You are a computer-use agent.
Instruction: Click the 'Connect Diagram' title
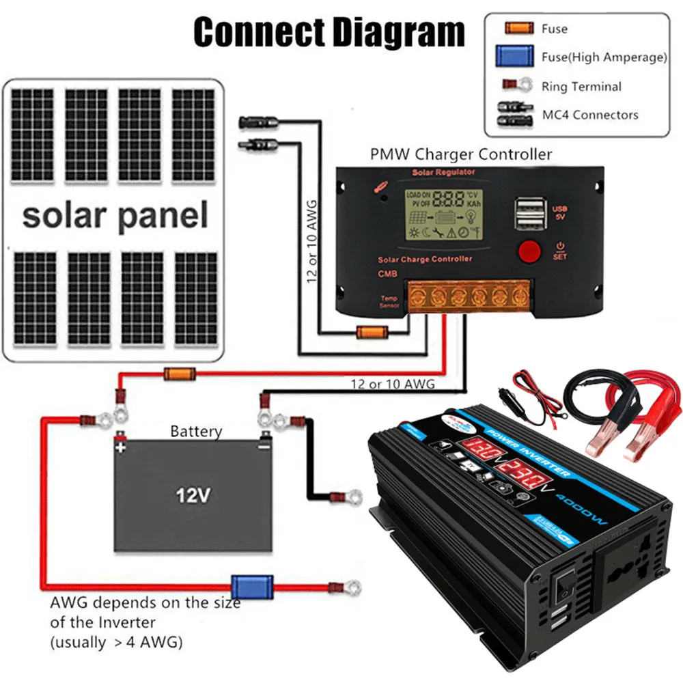point(329,32)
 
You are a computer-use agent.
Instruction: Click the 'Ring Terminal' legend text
point(581,87)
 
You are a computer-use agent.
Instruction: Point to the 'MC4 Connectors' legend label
point(590,115)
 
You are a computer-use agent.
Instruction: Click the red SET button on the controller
point(529,251)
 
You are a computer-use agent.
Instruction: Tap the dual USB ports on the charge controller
point(528,213)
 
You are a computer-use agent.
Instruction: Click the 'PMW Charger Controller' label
point(461,154)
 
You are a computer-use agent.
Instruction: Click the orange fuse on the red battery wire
point(180,374)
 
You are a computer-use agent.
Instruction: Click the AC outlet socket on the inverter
point(630,577)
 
